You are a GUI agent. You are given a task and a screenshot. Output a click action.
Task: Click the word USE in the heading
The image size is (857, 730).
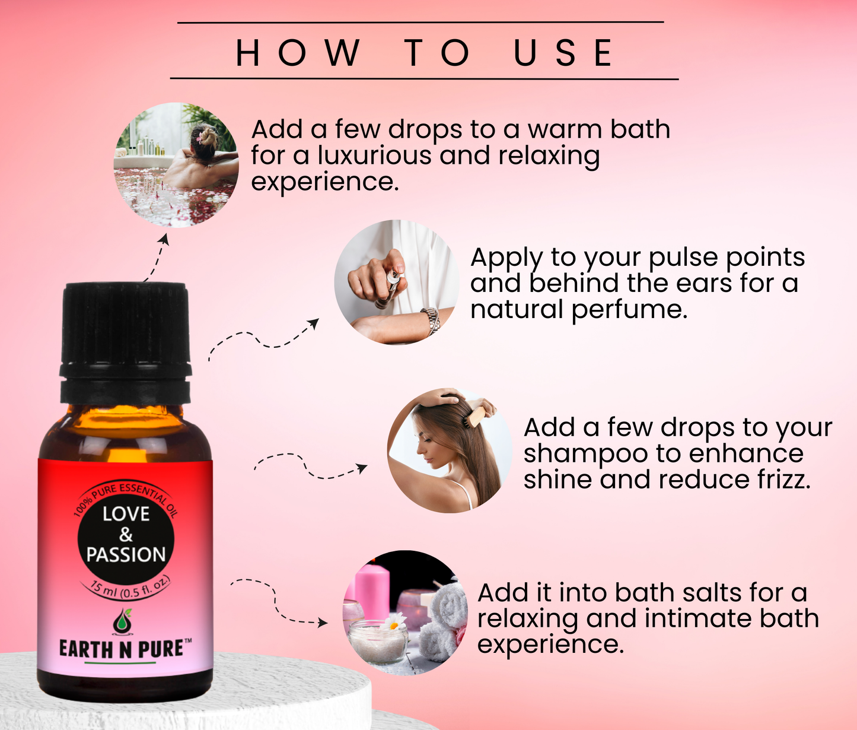pyautogui.click(x=563, y=53)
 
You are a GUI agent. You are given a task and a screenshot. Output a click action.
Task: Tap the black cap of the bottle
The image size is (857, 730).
pyautogui.click(x=126, y=343)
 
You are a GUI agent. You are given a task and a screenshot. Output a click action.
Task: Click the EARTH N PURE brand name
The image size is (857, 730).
pyautogui.click(x=122, y=649)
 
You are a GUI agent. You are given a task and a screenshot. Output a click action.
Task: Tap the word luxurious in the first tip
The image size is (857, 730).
pyautogui.click(x=375, y=155)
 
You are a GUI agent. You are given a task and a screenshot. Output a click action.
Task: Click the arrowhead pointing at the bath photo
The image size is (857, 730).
pyautogui.click(x=165, y=239)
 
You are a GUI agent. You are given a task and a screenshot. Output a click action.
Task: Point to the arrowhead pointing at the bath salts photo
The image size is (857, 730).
pyautogui.click(x=322, y=623)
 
